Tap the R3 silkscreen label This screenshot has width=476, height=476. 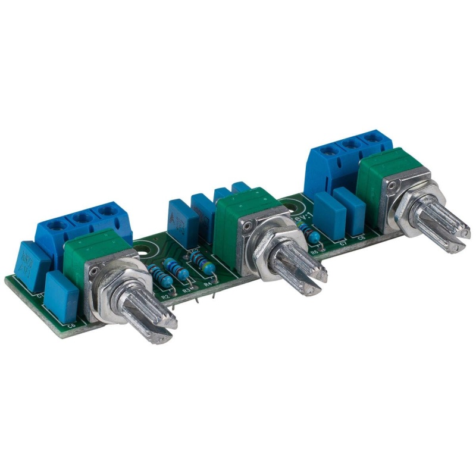coord(186,290)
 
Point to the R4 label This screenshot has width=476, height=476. coord(208,284)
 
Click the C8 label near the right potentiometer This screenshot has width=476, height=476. coord(361,237)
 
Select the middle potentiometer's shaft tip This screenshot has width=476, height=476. coord(309,280)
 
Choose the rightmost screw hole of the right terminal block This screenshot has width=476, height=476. coord(372,138)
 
